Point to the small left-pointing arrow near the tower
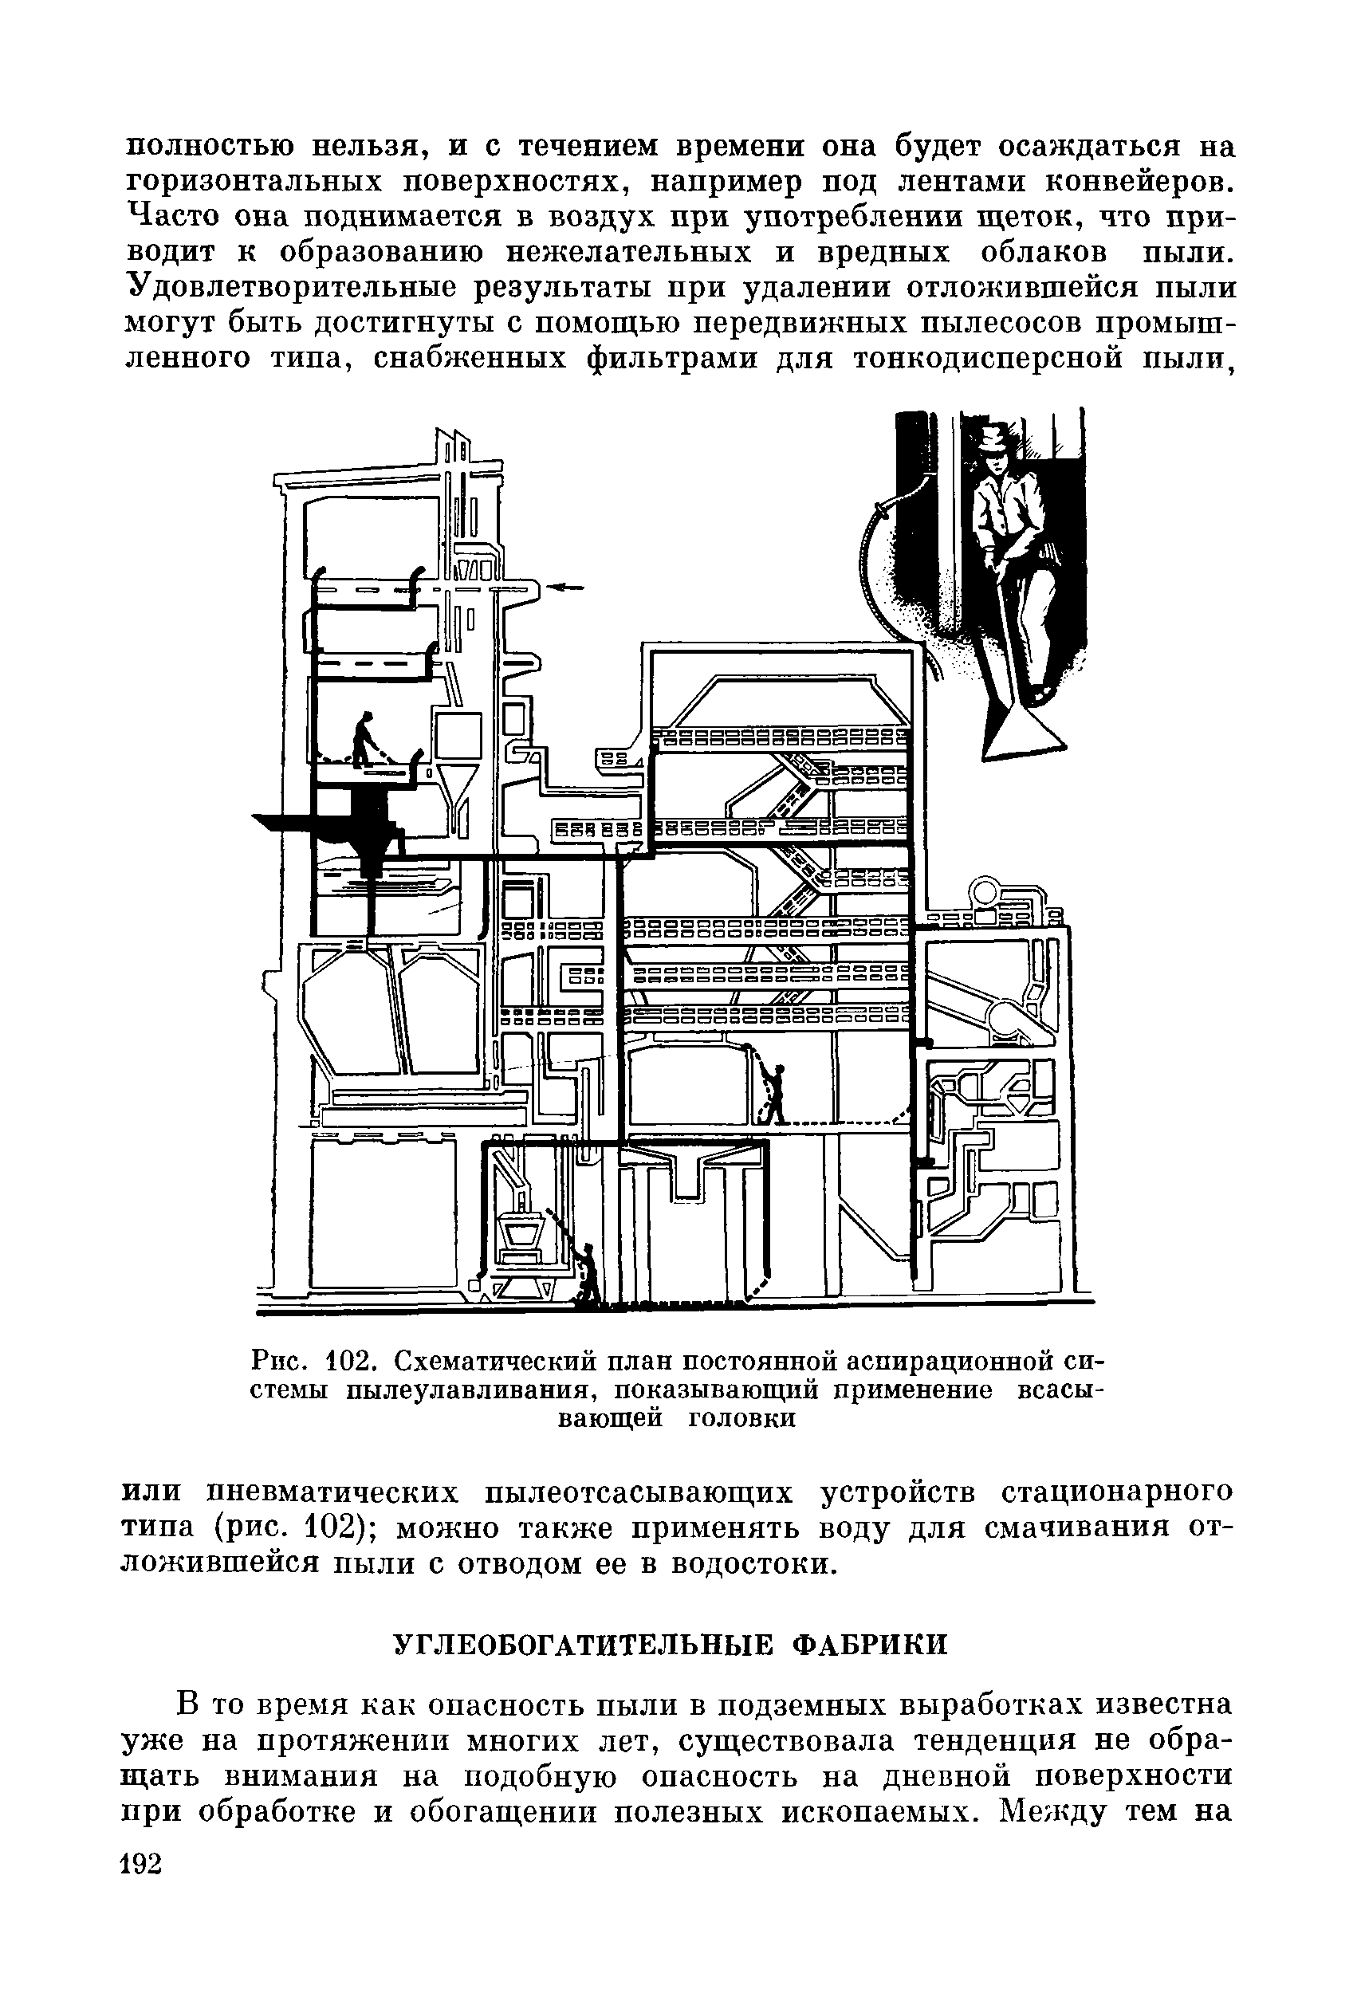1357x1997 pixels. click(x=564, y=588)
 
